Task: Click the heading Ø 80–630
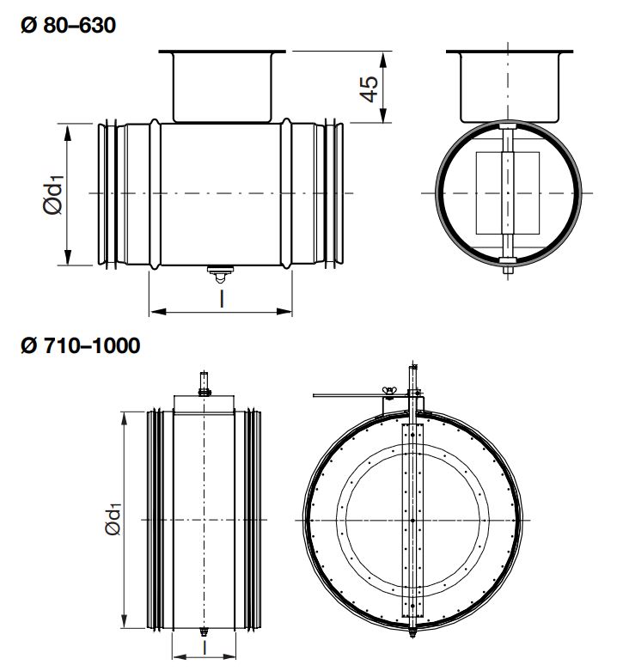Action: pyautogui.click(x=68, y=26)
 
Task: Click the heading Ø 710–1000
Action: pyautogui.click(x=81, y=345)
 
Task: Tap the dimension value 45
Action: pyautogui.click(x=369, y=88)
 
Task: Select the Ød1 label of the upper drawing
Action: pyautogui.click(x=53, y=194)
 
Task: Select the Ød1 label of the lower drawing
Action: pyautogui.click(x=113, y=520)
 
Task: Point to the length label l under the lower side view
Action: pyautogui.click(x=205, y=648)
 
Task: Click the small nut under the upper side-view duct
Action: pyautogui.click(x=220, y=274)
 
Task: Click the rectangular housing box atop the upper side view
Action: pyautogui.click(x=222, y=87)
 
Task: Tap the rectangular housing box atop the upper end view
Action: pyautogui.click(x=510, y=87)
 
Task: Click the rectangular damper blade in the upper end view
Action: pyautogui.click(x=508, y=193)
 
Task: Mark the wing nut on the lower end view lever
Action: pyautogui.click(x=389, y=390)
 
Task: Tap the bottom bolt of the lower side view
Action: pyautogui.click(x=205, y=632)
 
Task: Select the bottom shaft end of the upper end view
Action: pyautogui.click(x=508, y=270)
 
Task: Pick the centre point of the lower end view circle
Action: pyautogui.click(x=412, y=521)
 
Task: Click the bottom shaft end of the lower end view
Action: pyautogui.click(x=412, y=633)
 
